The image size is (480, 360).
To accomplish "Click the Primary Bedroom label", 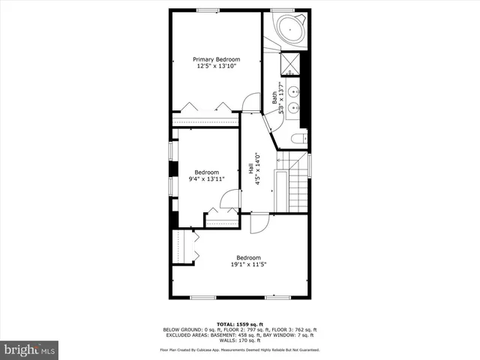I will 216,59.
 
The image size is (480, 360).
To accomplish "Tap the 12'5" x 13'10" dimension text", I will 216,67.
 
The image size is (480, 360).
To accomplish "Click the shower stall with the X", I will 289,64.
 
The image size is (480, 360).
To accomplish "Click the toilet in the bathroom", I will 298,139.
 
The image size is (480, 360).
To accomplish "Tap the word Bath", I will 275,97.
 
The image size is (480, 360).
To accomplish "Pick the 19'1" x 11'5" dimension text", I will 249,263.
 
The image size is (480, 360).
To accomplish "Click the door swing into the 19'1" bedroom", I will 259,222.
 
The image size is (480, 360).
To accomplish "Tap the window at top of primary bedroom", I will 208,10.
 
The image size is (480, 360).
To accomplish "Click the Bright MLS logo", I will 30,349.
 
